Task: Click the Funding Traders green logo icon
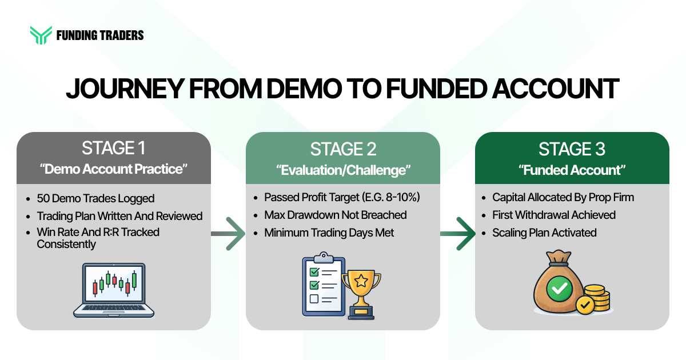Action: click(41, 35)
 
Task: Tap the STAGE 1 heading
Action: click(113, 149)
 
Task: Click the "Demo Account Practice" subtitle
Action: click(113, 170)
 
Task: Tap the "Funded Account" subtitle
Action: click(572, 170)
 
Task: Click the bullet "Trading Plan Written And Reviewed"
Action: click(119, 216)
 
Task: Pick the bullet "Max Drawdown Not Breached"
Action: click(335, 215)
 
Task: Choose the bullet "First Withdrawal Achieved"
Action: click(553, 215)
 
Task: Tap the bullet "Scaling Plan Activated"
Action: click(544, 233)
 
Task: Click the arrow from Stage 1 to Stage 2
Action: click(228, 233)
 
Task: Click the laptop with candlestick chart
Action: click(113, 290)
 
